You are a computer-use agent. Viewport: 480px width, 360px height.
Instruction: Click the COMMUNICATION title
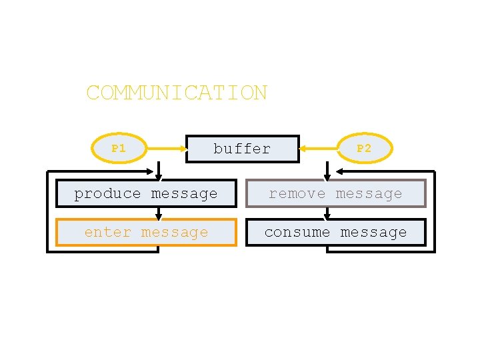(177, 93)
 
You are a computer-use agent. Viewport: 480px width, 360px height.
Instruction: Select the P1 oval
(119, 149)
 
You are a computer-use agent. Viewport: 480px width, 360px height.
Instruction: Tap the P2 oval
(364, 149)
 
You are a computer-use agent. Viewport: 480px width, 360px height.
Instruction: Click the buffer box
(242, 149)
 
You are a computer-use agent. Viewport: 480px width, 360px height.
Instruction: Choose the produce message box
(146, 193)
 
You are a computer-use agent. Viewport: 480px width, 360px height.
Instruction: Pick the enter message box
(146, 232)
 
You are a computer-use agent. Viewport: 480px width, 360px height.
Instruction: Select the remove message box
(335, 193)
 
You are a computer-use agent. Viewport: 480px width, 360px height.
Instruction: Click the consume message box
(335, 232)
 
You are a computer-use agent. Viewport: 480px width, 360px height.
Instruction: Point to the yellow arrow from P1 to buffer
(166, 149)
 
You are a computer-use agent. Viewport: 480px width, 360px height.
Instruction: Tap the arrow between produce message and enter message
(159, 213)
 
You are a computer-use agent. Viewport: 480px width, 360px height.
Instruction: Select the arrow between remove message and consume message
(327, 213)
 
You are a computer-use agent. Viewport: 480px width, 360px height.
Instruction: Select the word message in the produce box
(185, 194)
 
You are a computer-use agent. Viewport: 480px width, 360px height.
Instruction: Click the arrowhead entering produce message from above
(159, 177)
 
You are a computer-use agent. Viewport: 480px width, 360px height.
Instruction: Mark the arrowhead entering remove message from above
(327, 177)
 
